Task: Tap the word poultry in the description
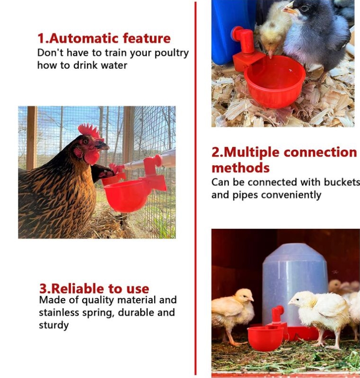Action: click(x=171, y=53)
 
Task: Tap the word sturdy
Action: click(x=54, y=326)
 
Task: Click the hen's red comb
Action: click(x=90, y=131)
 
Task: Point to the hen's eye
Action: click(x=86, y=142)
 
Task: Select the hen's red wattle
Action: click(x=92, y=157)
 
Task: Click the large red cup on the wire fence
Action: click(x=128, y=195)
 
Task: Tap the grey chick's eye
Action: click(x=305, y=8)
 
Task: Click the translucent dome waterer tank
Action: click(x=295, y=285)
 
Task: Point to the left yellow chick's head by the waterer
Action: click(x=244, y=296)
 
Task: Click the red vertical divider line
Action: click(x=196, y=188)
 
